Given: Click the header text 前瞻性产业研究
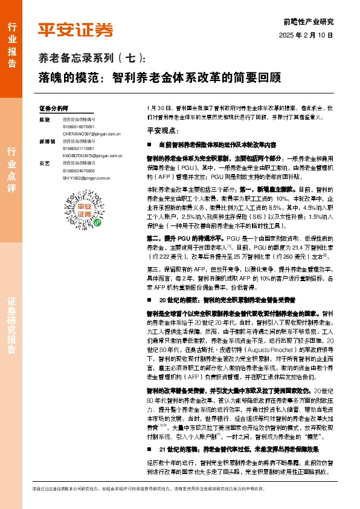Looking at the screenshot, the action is pyautogui.click(x=308, y=21).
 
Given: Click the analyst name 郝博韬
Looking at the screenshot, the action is pyautogui.click(x=47, y=141).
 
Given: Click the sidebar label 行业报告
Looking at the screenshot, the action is pyautogui.click(x=11, y=42).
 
